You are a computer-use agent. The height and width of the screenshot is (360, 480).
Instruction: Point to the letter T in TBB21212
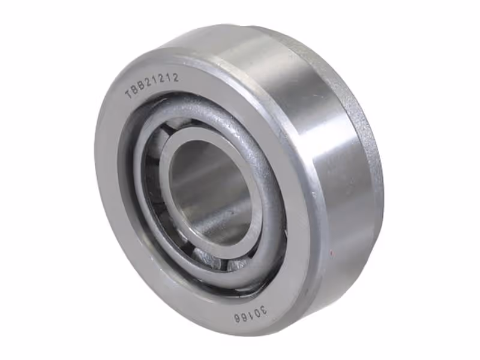(128, 95)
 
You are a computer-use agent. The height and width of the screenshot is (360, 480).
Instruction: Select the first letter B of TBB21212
(135, 91)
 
